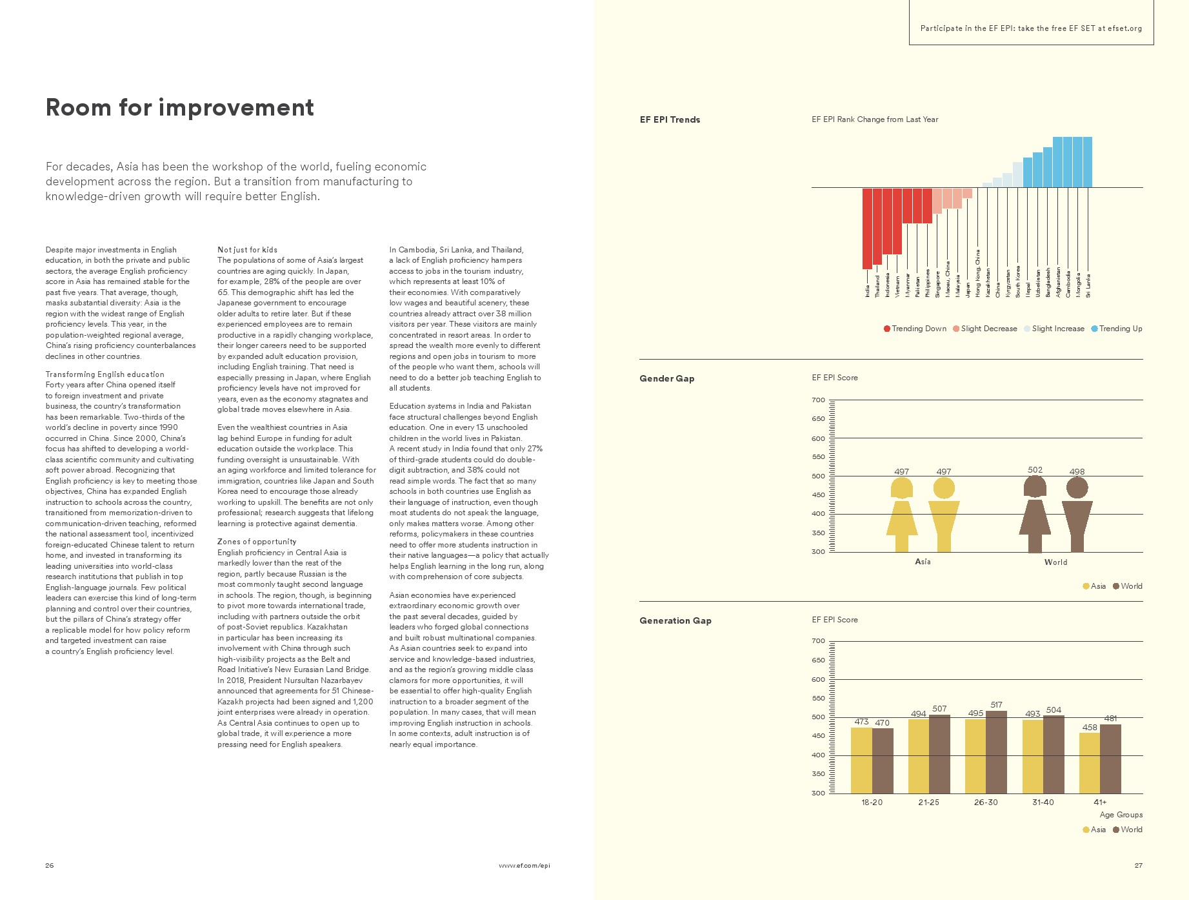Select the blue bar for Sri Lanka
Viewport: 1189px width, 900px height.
tap(1088, 161)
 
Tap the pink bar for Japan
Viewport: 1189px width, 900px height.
tap(967, 193)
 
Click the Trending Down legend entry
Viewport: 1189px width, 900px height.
tap(915, 329)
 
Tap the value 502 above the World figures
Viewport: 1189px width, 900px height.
tap(1035, 470)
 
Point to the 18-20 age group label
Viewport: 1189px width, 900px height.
tap(872, 802)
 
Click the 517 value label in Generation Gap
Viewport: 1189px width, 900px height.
tap(996, 704)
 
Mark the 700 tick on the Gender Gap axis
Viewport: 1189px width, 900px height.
tap(818, 400)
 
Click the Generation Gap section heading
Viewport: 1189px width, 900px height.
tap(675, 620)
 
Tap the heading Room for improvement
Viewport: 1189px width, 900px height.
tap(179, 107)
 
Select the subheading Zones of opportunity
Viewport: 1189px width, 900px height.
tap(257, 542)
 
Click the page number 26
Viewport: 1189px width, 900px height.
tap(50, 865)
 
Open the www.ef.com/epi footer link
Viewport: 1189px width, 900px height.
tap(524, 865)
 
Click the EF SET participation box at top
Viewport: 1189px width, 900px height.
tap(1031, 28)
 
